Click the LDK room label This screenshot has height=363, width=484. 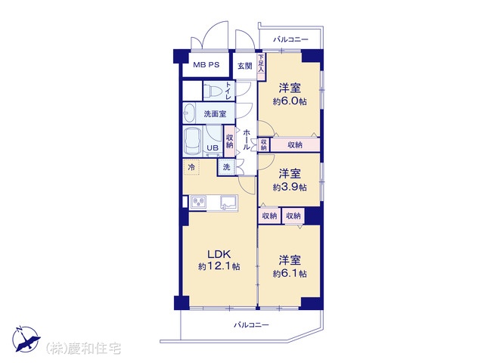point(219,254)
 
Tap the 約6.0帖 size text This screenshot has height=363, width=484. point(290,101)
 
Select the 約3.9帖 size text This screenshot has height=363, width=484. point(290,188)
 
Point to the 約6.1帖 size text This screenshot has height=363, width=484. point(290,274)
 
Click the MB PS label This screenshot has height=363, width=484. point(206,65)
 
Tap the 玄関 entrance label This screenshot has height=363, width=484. point(245,66)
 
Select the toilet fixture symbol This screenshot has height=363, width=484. point(213,91)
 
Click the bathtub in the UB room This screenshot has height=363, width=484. point(193,141)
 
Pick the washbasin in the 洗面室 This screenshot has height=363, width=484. point(189,113)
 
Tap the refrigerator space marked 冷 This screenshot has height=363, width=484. point(191,167)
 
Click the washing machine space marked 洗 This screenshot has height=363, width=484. point(227,167)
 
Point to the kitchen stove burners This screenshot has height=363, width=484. point(199,202)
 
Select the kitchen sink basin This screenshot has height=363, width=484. point(228,203)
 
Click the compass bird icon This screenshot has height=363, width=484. point(26,340)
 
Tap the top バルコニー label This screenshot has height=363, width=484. point(290,39)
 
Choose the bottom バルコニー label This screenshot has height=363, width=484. point(251,324)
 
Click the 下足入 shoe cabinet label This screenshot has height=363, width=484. point(261,63)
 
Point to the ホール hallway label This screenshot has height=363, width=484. point(247,139)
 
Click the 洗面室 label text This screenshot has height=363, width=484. point(215,114)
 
